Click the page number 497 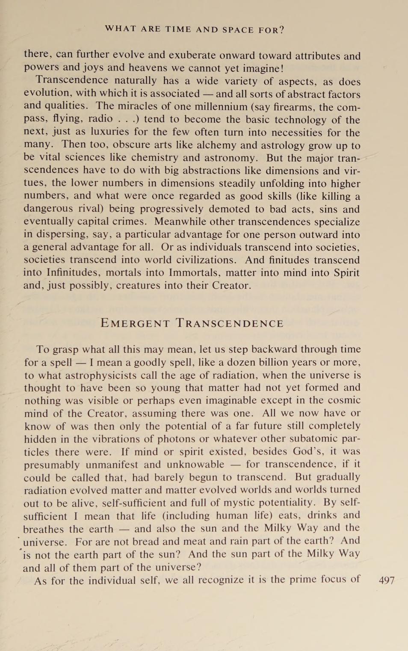[x=387, y=580]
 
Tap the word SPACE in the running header [x=238, y=30]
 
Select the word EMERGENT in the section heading [x=135, y=324]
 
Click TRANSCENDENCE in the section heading [x=230, y=324]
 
